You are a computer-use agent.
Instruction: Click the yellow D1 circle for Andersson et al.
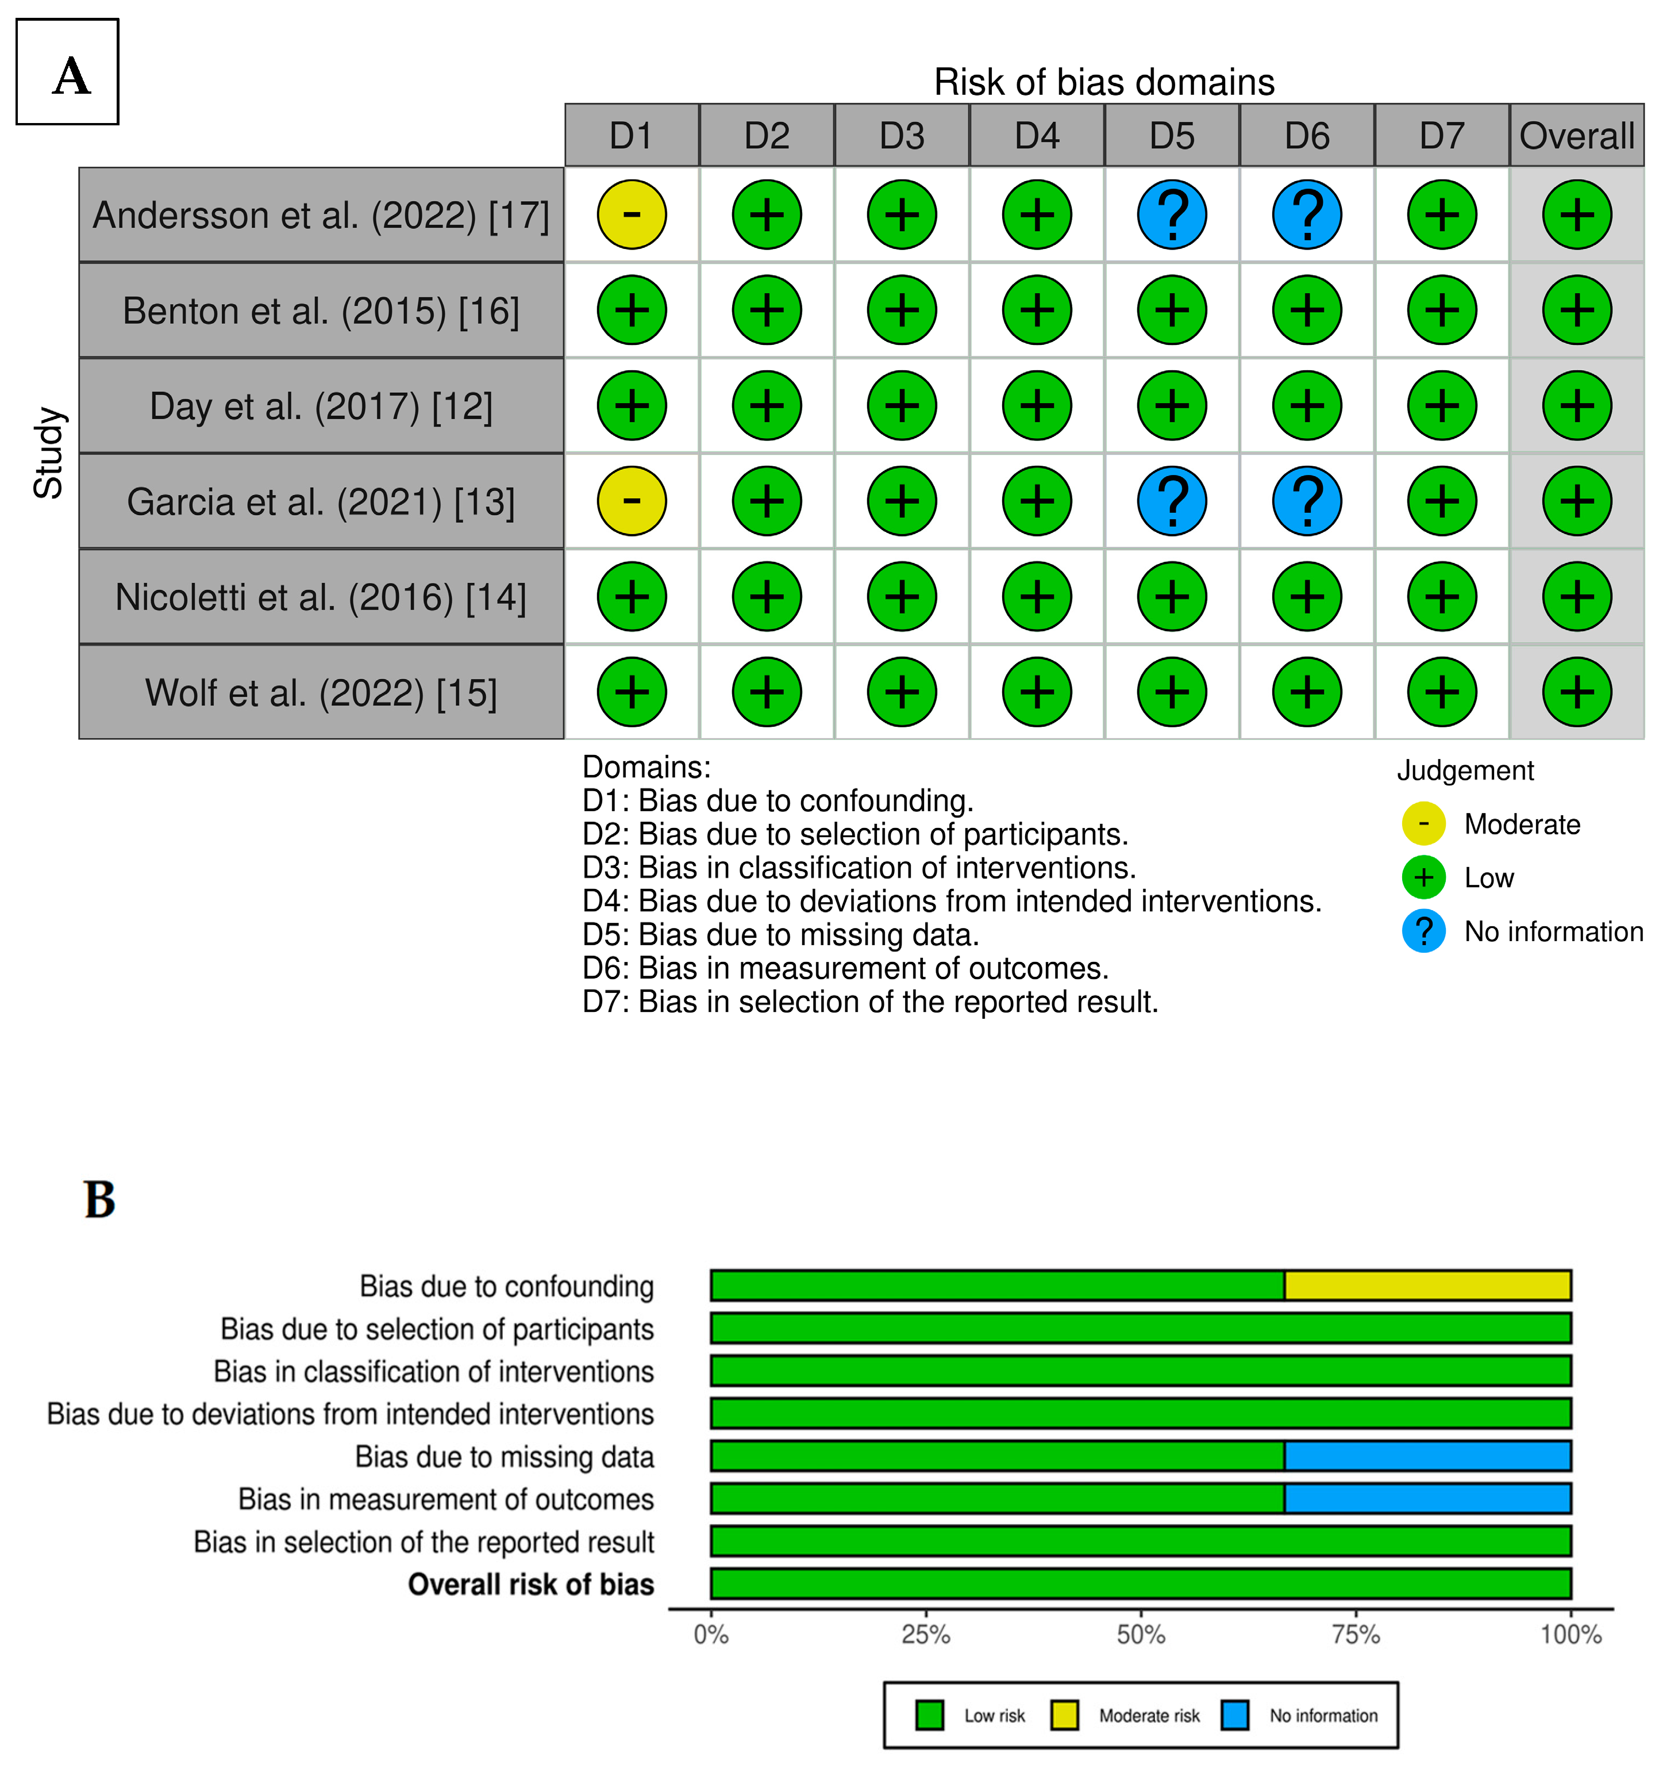[631, 214]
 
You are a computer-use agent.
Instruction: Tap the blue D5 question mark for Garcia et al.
[1172, 501]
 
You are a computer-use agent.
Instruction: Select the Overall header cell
[1576, 135]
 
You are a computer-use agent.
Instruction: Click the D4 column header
[1037, 135]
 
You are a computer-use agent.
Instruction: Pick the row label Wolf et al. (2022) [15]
[321, 692]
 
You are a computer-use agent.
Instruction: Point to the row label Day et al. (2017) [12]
[321, 405]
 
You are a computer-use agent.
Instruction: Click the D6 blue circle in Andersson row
[1307, 214]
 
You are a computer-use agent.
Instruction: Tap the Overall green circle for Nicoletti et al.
[1576, 596]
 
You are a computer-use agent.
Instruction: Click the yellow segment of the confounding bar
[1427, 1285]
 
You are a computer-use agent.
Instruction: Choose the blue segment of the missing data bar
[1427, 1456]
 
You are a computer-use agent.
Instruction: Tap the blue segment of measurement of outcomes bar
[1427, 1498]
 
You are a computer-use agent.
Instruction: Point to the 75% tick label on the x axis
[1356, 1635]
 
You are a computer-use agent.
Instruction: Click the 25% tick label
[926, 1635]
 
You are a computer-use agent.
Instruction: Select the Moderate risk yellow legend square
[1064, 1715]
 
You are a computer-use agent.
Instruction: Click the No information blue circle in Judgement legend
[1423, 931]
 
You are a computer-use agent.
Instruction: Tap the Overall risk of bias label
[531, 1584]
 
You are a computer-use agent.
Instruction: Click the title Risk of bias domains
[1103, 82]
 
